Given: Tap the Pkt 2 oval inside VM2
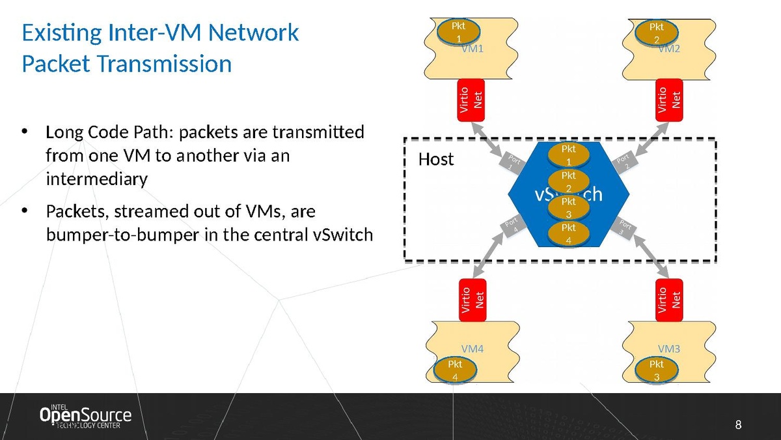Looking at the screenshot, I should pyautogui.click(x=657, y=31).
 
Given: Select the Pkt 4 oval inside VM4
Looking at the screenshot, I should pyautogui.click(x=455, y=369).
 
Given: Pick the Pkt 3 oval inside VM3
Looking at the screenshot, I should pyautogui.click(x=657, y=369).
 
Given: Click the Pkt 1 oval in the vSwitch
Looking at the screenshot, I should pyautogui.click(x=569, y=154).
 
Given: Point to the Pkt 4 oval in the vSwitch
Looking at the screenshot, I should pyautogui.click(x=569, y=233).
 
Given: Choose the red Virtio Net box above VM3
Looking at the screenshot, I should pyautogui.click(x=670, y=300).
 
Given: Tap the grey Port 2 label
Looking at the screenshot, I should pyautogui.click(x=624, y=161).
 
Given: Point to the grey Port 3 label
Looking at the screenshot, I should pyautogui.click(x=624, y=228).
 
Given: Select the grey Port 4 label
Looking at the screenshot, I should pyautogui.click(x=514, y=228).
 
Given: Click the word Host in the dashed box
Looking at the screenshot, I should pyautogui.click(x=435, y=159).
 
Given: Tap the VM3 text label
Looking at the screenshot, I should pyautogui.click(x=668, y=349).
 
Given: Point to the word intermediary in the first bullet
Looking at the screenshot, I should pyautogui.click(x=97, y=179).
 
